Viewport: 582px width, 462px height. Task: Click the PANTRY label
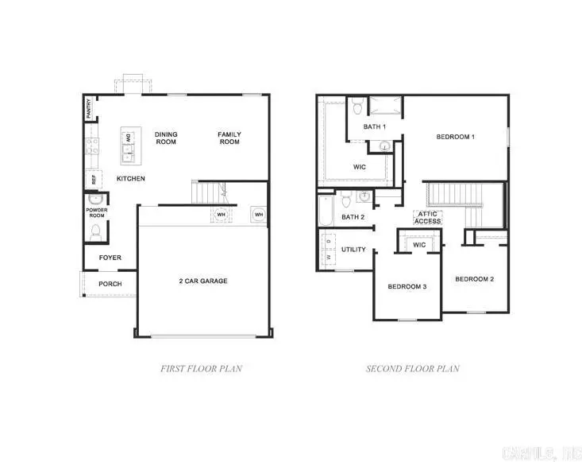point(89,109)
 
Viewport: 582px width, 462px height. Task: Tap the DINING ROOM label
point(166,138)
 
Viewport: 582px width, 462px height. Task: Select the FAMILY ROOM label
point(229,138)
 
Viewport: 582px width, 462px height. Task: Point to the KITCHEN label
point(131,179)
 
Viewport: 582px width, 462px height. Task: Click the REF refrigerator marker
point(94,180)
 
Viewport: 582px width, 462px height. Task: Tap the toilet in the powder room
point(96,231)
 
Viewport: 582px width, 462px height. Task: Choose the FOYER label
point(110,258)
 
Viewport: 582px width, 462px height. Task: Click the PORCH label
point(110,284)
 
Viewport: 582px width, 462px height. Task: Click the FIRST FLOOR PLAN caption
point(201,369)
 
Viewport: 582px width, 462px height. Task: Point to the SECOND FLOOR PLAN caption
point(412,369)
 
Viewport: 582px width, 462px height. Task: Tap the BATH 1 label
point(375,127)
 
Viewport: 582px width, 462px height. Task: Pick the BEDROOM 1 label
point(455,137)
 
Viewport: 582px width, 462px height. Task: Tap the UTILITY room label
point(353,250)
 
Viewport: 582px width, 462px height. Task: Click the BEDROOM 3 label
point(407,286)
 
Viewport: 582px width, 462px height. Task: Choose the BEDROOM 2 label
point(474,279)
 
